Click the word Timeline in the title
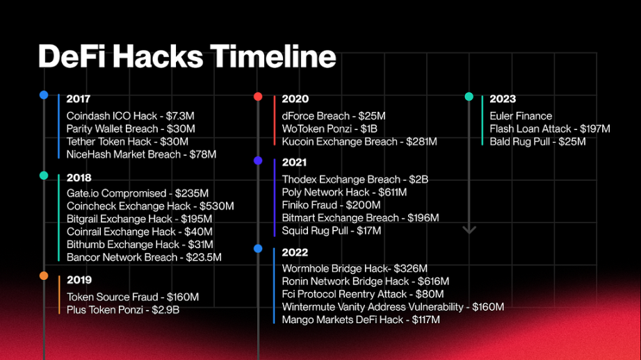pyautogui.click(x=273, y=56)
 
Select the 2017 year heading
pyautogui.click(x=78, y=99)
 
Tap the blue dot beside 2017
pyautogui.click(x=44, y=95)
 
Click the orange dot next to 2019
pyautogui.click(x=44, y=276)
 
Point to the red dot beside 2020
pyautogui.click(x=258, y=97)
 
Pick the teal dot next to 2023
pyautogui.click(x=469, y=97)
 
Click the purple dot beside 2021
pyautogui.click(x=258, y=161)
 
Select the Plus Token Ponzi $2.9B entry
pyautogui.click(x=122, y=310)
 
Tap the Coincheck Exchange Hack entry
pyautogui.click(x=150, y=206)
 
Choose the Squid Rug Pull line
pyautogui.click(x=332, y=231)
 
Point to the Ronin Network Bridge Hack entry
pyautogui.click(x=366, y=281)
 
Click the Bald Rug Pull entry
pyautogui.click(x=537, y=142)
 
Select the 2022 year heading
pyautogui.click(x=295, y=252)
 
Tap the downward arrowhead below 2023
pyautogui.click(x=469, y=230)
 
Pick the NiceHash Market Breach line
pyautogui.click(x=141, y=154)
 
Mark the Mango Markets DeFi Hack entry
pyautogui.click(x=361, y=320)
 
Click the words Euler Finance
pyautogui.click(x=521, y=116)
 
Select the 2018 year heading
pyautogui.click(x=79, y=178)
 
